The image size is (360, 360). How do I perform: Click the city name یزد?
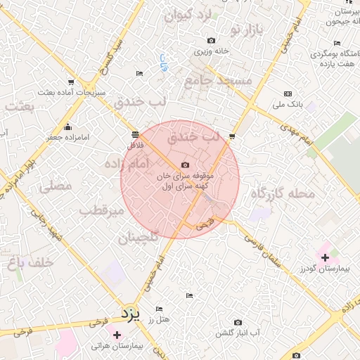pos(131,311)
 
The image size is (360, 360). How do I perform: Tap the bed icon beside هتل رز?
pos(159,309)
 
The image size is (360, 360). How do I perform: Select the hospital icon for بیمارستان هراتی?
pos(116,335)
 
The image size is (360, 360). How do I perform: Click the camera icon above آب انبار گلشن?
pos(237,322)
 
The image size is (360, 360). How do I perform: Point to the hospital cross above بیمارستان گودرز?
pos(325,259)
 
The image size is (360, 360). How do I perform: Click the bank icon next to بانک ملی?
pos(288,94)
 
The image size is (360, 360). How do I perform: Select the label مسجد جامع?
pos(218,81)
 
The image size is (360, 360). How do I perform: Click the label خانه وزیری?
pos(212,52)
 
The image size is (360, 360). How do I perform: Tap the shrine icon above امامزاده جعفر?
pos(67,127)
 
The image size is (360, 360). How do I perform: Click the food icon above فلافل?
pos(135,134)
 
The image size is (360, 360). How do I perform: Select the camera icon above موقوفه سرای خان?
pos(185,165)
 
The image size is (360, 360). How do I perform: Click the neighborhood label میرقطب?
pos(101,210)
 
